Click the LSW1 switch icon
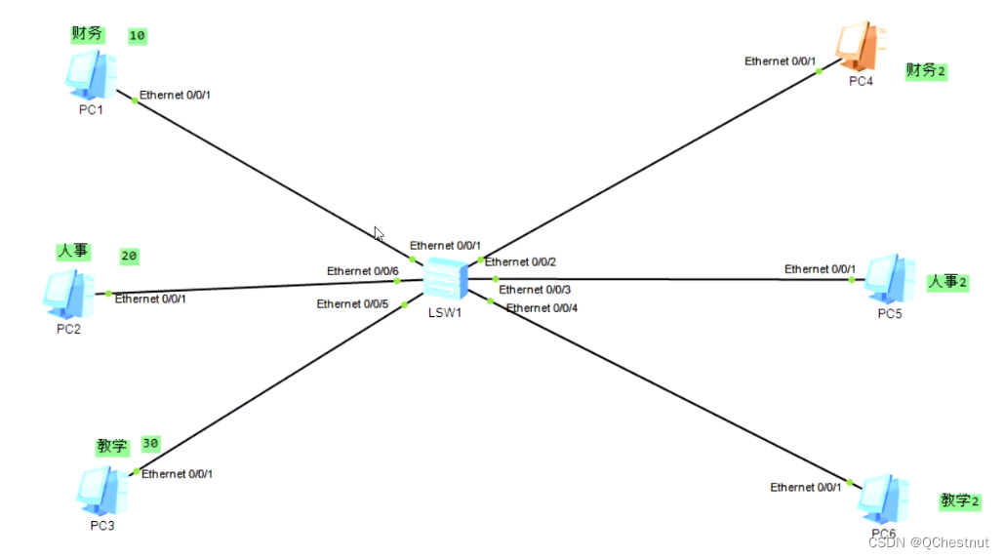(x=446, y=281)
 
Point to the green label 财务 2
(x=926, y=70)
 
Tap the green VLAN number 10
(x=138, y=36)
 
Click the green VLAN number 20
(x=129, y=257)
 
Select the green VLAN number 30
(x=150, y=443)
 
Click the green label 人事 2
(x=947, y=282)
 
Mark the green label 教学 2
(x=959, y=501)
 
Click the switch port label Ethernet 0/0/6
(x=363, y=270)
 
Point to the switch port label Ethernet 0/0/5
(x=352, y=304)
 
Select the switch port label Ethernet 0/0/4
(x=542, y=308)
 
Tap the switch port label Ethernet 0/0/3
(x=535, y=290)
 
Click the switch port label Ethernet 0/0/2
(x=520, y=261)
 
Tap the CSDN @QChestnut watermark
(x=928, y=542)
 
